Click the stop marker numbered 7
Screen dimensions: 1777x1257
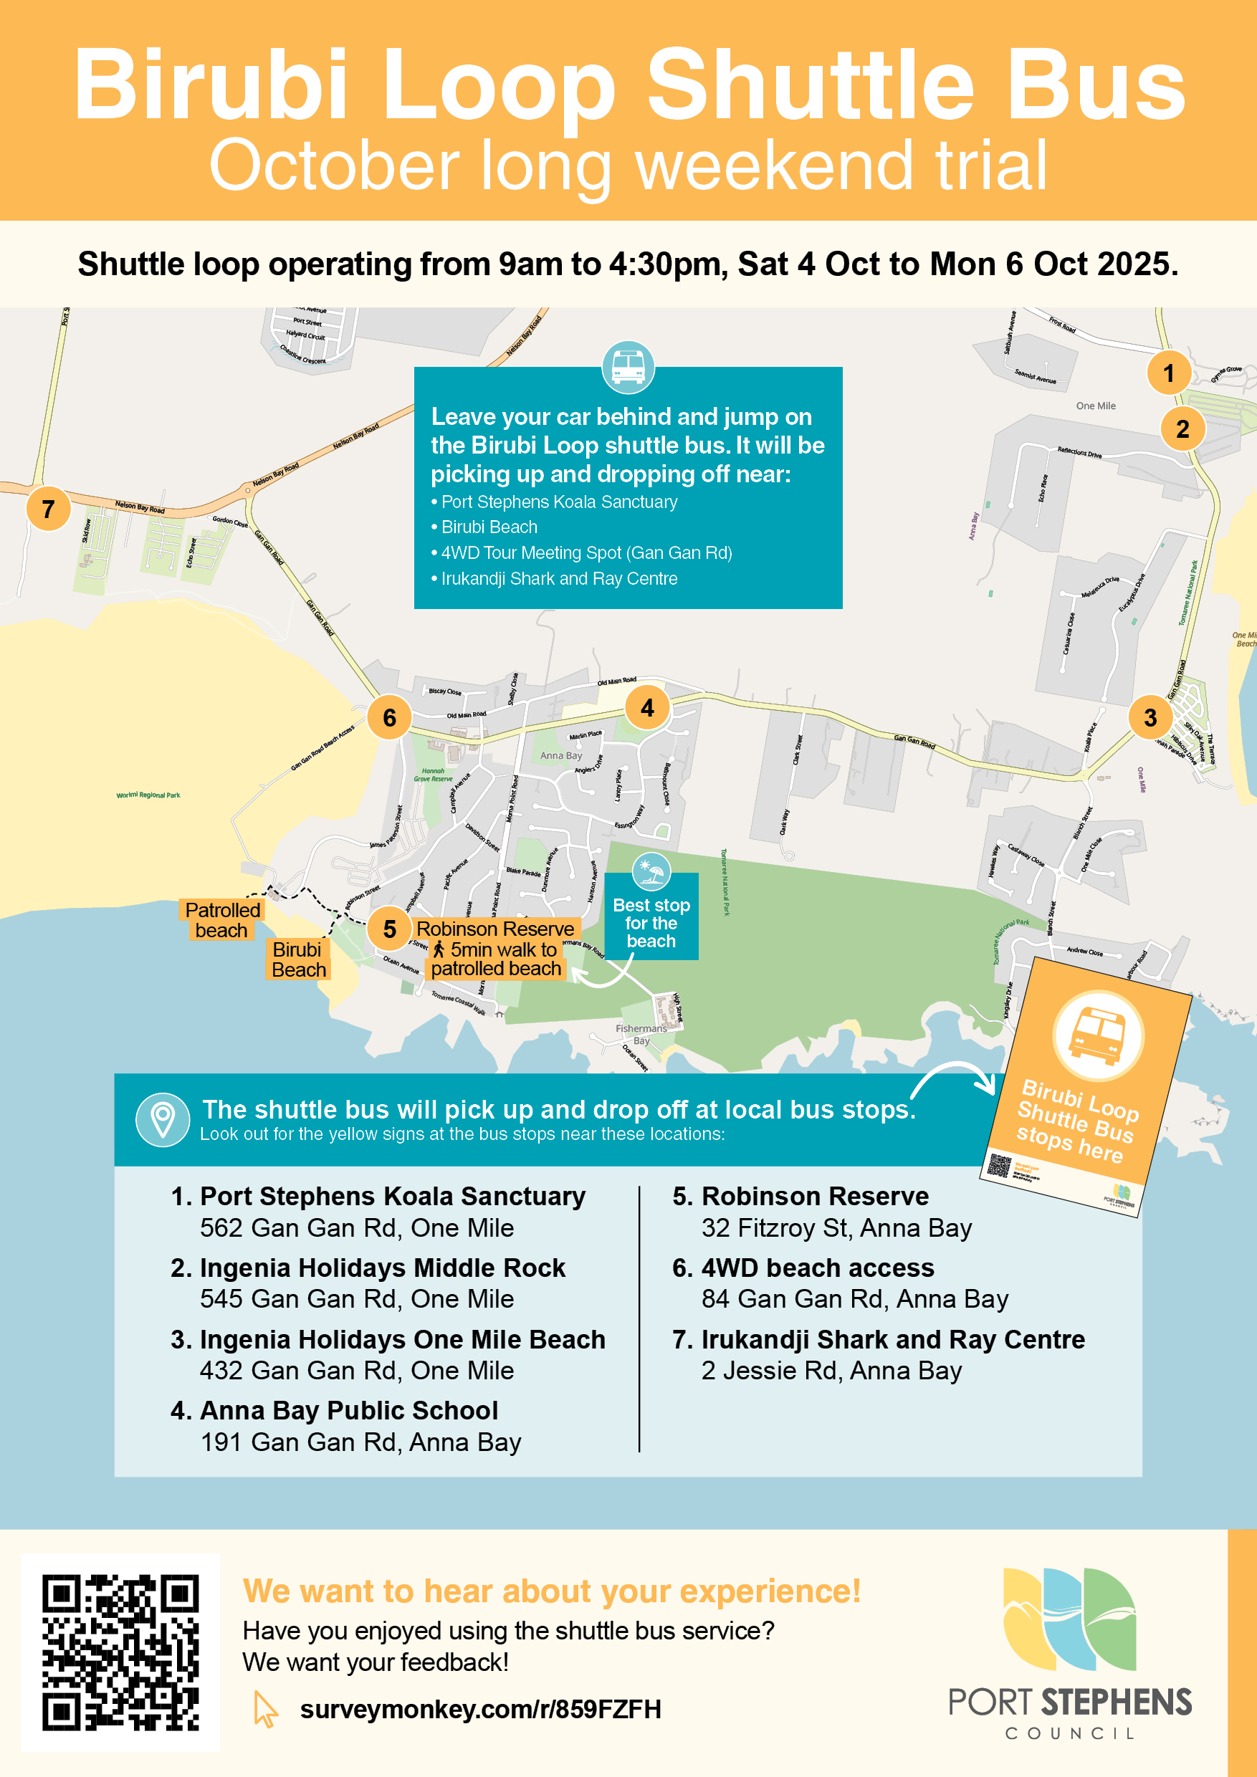point(48,509)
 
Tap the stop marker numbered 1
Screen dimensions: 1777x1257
point(1168,373)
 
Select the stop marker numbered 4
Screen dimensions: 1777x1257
point(647,707)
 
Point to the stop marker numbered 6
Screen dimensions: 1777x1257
point(389,717)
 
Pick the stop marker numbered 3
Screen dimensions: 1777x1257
point(1150,717)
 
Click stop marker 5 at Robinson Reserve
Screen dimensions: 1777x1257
point(389,929)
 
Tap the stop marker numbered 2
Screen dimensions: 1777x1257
point(1182,428)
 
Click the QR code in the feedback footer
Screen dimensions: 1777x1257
point(120,1652)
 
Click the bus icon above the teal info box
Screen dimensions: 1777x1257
point(628,367)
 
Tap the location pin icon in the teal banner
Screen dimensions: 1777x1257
point(163,1119)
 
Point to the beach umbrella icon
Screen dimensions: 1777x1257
point(651,872)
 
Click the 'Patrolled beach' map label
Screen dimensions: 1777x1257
point(222,920)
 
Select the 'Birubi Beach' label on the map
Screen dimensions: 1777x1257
point(298,959)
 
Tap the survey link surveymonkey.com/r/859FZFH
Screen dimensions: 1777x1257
point(480,1709)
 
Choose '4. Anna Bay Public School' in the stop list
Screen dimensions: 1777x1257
point(335,1410)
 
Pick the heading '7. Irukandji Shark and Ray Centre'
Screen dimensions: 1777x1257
point(879,1339)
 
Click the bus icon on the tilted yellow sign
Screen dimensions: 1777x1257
point(1098,1035)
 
